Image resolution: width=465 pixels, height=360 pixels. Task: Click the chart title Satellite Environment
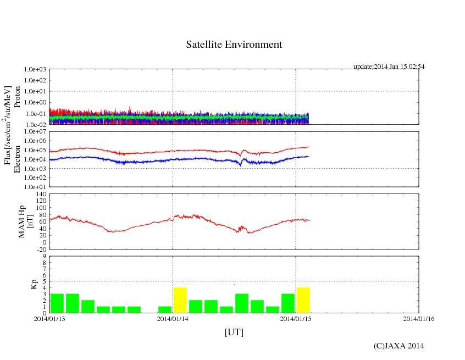234,45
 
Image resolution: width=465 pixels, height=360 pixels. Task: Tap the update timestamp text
389,67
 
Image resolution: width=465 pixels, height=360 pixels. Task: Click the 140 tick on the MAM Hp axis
40,195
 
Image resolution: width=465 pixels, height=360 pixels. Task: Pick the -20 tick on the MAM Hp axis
41,249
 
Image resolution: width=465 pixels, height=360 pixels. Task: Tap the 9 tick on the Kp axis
45,256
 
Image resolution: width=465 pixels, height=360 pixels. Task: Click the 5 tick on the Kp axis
45,281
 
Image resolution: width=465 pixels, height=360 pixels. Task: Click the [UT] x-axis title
234,333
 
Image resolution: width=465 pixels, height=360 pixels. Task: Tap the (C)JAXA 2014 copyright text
398,346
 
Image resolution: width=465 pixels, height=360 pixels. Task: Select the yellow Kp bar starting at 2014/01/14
180,300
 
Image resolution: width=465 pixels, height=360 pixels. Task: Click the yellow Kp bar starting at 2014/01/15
303,300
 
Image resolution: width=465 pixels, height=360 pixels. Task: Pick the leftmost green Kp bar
57,303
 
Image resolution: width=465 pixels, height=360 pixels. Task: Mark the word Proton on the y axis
17,97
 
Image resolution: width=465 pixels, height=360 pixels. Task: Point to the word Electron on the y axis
17,159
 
